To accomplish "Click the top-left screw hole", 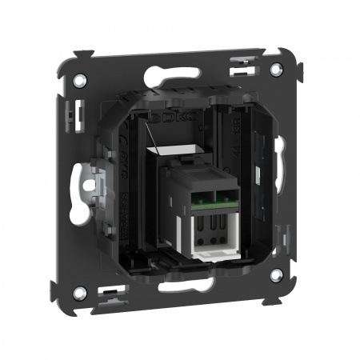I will click(x=82, y=80).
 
